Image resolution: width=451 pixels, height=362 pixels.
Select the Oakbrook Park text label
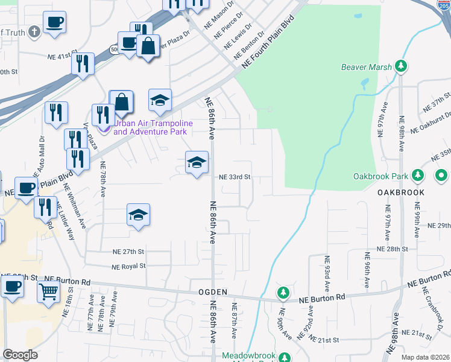pyautogui.click(x=379, y=177)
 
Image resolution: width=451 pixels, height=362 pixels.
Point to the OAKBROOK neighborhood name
pyautogui.click(x=401, y=192)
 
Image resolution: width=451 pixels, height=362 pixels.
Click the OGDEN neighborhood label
pyautogui.click(x=212, y=292)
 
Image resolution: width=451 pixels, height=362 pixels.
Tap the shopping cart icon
pyautogui.click(x=49, y=291)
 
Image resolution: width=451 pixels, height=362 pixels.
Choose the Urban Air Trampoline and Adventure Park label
pyautogui.click(x=153, y=127)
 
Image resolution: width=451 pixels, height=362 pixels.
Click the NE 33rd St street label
pyautogui.click(x=235, y=177)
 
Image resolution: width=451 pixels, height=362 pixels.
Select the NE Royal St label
pyautogui.click(x=128, y=266)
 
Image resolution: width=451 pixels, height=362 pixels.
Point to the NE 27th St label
pyautogui.click(x=128, y=251)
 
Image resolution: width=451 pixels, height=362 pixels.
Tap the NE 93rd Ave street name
pyautogui.click(x=327, y=273)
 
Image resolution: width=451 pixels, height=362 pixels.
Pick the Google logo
pyautogui.click(x=20, y=355)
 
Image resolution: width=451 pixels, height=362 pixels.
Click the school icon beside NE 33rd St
pyautogui.click(x=197, y=162)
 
